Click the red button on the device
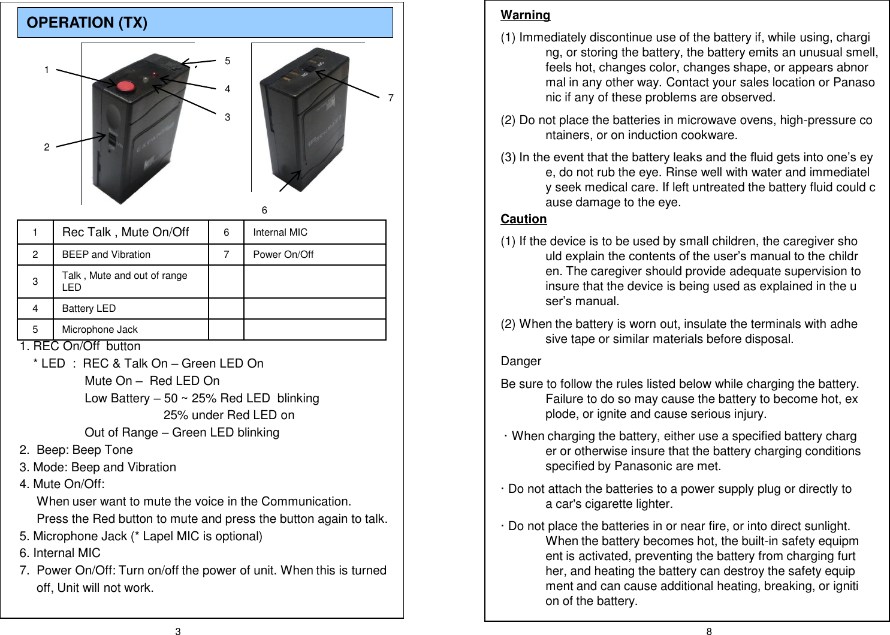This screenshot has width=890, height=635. (125, 85)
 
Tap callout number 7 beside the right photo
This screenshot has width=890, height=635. (391, 98)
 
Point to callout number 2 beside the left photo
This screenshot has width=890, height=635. (47, 147)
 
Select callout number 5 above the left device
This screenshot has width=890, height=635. (228, 61)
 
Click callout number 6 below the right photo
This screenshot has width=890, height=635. (264, 210)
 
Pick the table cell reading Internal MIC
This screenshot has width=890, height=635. (280, 233)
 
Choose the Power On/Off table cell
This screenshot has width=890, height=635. (283, 254)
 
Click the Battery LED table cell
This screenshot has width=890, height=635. (89, 308)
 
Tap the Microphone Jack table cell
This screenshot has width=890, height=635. (99, 329)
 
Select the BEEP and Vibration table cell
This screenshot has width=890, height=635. (106, 254)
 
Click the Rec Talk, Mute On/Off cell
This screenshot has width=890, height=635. (125, 232)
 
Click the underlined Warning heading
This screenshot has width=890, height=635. (525, 15)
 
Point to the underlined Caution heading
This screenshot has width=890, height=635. (523, 219)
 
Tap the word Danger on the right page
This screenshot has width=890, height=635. (520, 361)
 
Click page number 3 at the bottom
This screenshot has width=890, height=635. (178, 631)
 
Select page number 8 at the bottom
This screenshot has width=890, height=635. (709, 631)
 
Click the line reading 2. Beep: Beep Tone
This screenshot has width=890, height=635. (76, 450)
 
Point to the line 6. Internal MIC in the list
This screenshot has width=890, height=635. (60, 553)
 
